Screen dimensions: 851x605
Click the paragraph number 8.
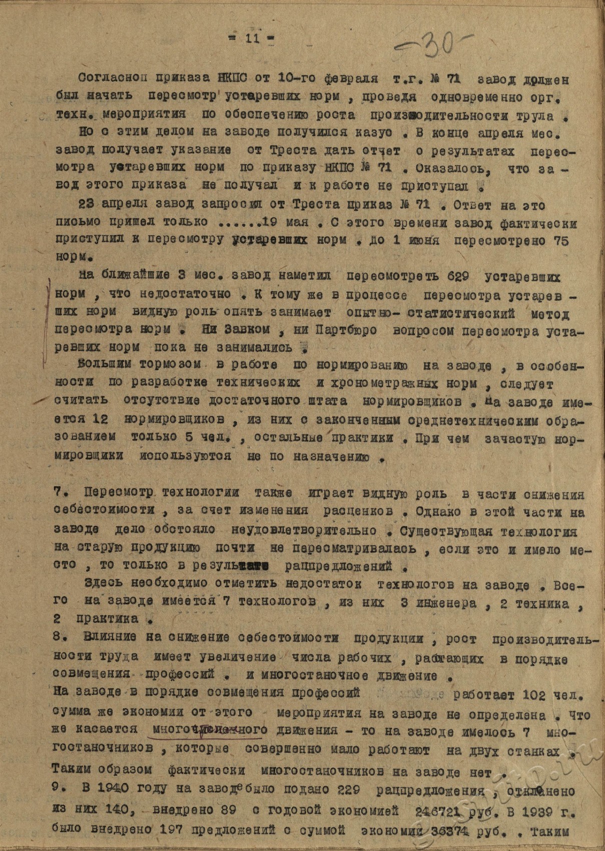(x=59, y=638)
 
